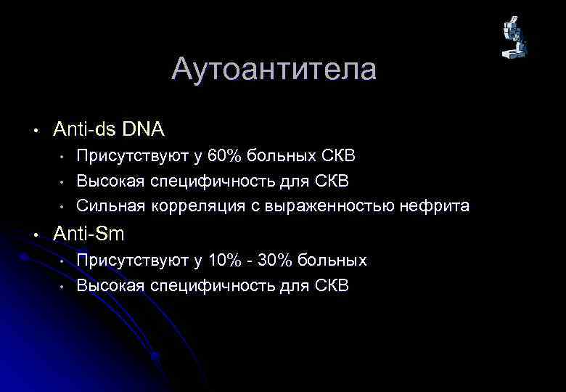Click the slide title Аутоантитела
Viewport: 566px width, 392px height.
tap(274, 70)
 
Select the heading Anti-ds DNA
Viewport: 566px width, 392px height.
tap(109, 130)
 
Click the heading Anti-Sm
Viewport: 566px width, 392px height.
tap(89, 234)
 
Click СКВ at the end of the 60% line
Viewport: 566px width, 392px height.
tap(338, 156)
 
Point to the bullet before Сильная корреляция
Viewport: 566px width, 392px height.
tap(63, 207)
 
